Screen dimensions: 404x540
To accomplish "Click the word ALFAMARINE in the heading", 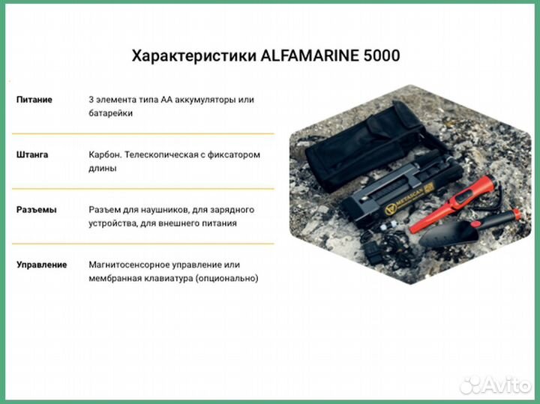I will [307, 56].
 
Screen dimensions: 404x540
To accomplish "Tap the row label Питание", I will [34, 100].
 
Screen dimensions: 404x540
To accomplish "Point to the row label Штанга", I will [32, 154].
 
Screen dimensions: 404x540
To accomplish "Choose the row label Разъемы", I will [36, 209].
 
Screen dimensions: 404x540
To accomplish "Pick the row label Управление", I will [41, 265].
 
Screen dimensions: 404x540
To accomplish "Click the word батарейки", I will [110, 113].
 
